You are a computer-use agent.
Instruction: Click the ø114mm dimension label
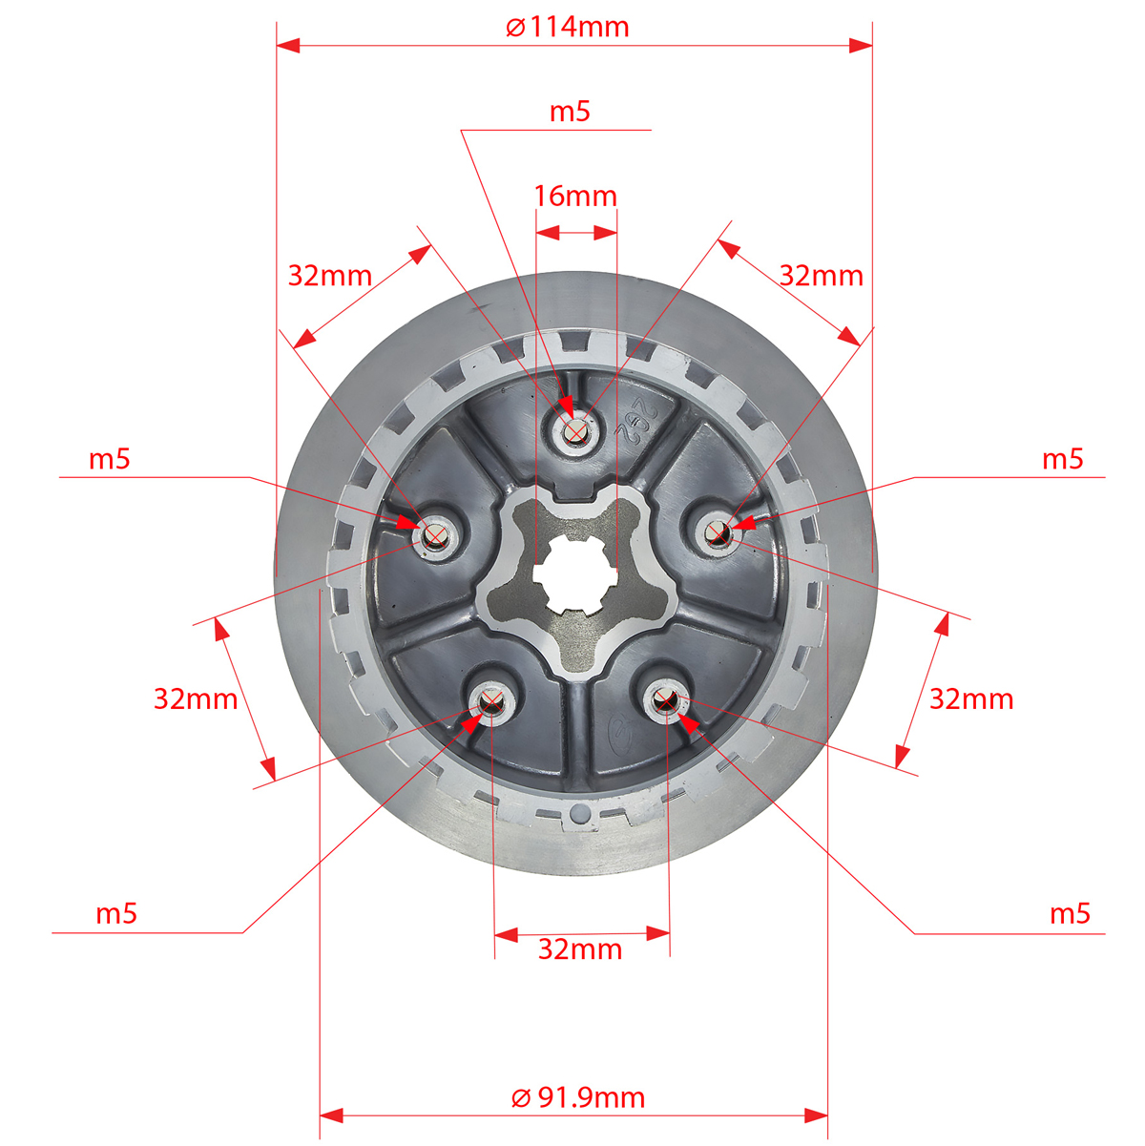coord(567,28)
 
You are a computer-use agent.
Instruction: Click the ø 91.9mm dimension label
coord(577,1097)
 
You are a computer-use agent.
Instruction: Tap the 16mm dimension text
coord(575,197)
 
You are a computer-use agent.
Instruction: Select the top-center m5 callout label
coord(570,112)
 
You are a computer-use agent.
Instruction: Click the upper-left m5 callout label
coord(110,460)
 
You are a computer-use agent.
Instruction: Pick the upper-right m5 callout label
coord(1063,460)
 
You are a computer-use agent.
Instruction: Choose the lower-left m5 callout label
coord(116,914)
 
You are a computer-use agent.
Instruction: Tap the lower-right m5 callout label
coord(1070,914)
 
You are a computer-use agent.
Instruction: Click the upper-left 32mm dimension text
coord(330,276)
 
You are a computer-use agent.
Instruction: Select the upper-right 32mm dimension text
coord(822,276)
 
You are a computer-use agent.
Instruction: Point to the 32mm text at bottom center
coord(580,949)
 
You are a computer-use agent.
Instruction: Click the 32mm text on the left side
coord(196,699)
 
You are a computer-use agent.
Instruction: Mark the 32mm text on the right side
coord(971,699)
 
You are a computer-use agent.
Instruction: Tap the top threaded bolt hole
coord(575,430)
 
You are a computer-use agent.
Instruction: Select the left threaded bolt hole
coord(435,536)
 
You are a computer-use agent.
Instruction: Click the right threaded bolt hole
coord(718,532)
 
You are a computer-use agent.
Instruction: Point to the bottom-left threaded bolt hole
coord(492,703)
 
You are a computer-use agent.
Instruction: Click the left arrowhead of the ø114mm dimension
coord(288,45)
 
